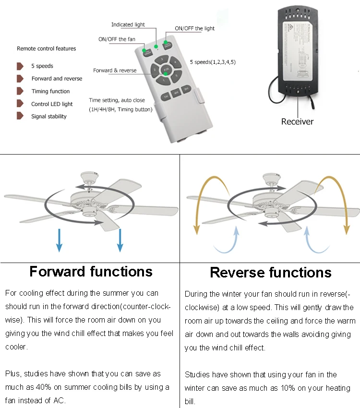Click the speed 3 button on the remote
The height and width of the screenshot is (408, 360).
pos(163,60)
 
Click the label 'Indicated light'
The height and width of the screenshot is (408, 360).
pos(128,24)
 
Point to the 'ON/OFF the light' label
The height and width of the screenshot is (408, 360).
pos(194,29)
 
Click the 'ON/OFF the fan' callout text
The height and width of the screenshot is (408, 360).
pos(117,39)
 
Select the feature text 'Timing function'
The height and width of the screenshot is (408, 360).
pos(50,91)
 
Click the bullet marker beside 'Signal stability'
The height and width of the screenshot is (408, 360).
pos(20,116)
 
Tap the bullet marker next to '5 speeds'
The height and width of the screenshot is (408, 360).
pos(20,66)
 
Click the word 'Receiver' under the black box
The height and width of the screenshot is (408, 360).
pos(297,121)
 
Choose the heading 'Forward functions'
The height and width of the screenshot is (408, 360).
pos(91,272)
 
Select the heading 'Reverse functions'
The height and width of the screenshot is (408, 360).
pos(270,273)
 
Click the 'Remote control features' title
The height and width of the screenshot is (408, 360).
pos(46,48)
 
